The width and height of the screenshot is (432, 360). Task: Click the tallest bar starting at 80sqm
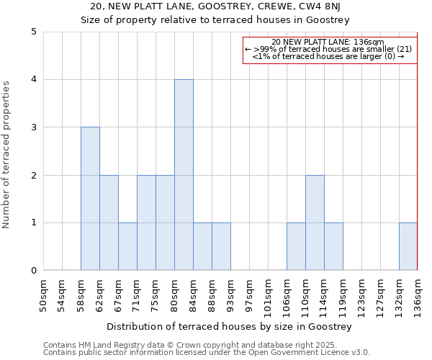184,175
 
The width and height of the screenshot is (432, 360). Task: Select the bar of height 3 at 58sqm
90,199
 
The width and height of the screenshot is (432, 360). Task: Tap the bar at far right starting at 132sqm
408,246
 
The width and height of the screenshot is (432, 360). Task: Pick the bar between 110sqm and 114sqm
315,222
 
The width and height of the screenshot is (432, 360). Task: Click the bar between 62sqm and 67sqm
109,222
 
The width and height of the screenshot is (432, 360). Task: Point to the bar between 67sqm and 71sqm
127,246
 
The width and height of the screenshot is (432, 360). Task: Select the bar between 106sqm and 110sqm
296,246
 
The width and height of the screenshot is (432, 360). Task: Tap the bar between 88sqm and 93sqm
221,246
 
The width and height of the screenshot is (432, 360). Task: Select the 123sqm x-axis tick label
362,295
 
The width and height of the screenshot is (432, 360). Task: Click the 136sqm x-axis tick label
418,295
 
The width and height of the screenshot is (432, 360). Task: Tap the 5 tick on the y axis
33,32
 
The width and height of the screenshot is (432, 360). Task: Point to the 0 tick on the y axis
33,271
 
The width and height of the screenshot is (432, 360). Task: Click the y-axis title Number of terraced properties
7,155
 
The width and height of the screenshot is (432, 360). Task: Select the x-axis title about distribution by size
230,327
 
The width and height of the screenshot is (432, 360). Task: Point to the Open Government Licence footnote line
207,353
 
